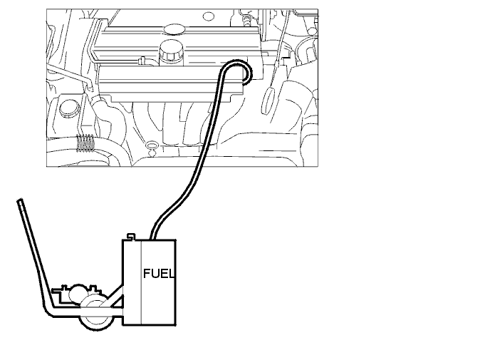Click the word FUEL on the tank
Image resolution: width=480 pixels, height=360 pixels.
[x=159, y=273]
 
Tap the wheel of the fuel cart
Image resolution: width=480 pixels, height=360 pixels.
[x=94, y=314]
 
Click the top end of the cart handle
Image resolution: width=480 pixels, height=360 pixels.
[x=20, y=201]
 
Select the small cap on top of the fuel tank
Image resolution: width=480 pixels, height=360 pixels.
[x=131, y=237]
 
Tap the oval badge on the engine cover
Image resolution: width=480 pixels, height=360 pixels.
[x=174, y=29]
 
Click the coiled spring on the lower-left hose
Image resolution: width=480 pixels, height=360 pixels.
[x=85, y=143]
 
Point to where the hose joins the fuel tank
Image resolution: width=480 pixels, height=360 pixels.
[x=152, y=237]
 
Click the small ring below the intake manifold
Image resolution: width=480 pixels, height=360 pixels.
[x=152, y=145]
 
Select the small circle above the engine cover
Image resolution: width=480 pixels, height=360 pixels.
[x=209, y=16]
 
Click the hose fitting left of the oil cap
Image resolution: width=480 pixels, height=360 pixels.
[x=142, y=61]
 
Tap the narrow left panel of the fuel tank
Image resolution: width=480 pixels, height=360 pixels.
[x=132, y=282]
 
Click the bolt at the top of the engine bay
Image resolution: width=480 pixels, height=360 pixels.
[x=245, y=20]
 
